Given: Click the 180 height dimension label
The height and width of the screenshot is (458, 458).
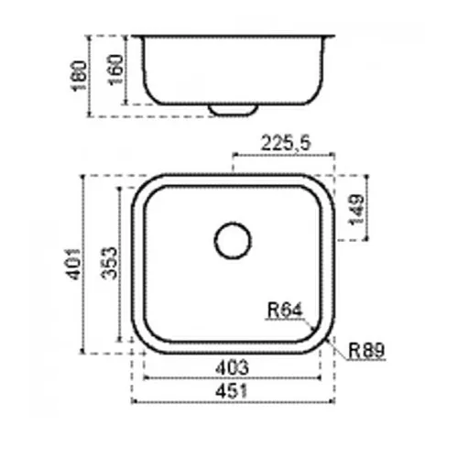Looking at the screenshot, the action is click(x=79, y=76).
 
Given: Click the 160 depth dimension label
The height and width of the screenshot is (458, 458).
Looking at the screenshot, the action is click(x=116, y=70).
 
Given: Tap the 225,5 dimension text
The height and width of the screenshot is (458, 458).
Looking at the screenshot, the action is click(x=286, y=143).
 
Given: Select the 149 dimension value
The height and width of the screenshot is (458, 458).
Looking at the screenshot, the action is click(x=356, y=210).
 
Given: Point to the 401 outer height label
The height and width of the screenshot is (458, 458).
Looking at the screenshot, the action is click(x=73, y=265).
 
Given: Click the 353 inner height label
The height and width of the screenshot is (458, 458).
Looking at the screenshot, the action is click(x=109, y=263).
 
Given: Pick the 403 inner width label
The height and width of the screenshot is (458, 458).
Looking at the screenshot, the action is click(x=232, y=367).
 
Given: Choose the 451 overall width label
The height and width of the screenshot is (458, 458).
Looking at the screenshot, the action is click(x=232, y=391).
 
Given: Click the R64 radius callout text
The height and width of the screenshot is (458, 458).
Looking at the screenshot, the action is click(x=285, y=310).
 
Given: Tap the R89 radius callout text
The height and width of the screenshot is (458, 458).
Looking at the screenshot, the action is click(x=366, y=351).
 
